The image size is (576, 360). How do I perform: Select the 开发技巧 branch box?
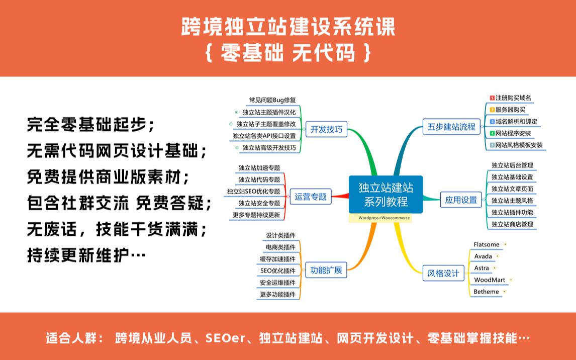click(x=326, y=129)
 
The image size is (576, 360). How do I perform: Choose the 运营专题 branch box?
click(x=311, y=197)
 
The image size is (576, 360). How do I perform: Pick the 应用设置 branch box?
click(x=460, y=200)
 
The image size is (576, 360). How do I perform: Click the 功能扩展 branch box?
click(x=326, y=270)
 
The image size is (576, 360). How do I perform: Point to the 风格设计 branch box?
click(x=443, y=274)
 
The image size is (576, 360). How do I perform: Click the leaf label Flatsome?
click(x=487, y=244)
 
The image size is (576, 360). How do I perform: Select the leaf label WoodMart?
click(x=490, y=280)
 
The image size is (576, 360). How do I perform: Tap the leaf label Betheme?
click(x=486, y=292)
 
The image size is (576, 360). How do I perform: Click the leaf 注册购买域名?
click(x=513, y=98)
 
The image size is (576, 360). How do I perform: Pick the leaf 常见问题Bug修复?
click(x=272, y=100)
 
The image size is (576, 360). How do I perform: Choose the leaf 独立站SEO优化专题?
click(x=253, y=191)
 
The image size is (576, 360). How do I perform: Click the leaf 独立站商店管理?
click(x=512, y=224)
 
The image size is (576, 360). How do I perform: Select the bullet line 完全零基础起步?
click(x=91, y=124)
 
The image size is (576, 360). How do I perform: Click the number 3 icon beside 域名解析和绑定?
click(x=493, y=122)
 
